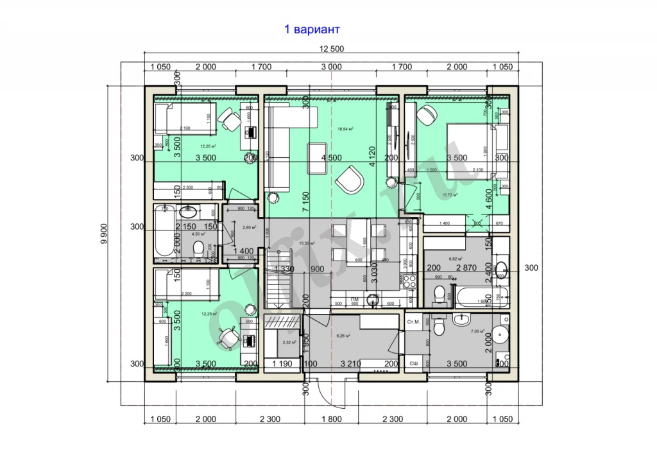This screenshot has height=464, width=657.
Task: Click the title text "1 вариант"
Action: point(312,30)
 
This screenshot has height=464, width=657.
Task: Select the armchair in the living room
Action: point(349,180)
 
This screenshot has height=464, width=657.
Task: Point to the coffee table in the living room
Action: point(319,159)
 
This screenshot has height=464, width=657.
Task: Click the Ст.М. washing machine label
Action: point(414,322)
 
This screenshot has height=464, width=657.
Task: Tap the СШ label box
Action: point(414,363)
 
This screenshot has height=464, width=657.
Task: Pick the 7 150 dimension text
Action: point(307,200)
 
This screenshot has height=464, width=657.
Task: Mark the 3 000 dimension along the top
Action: point(331,67)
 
